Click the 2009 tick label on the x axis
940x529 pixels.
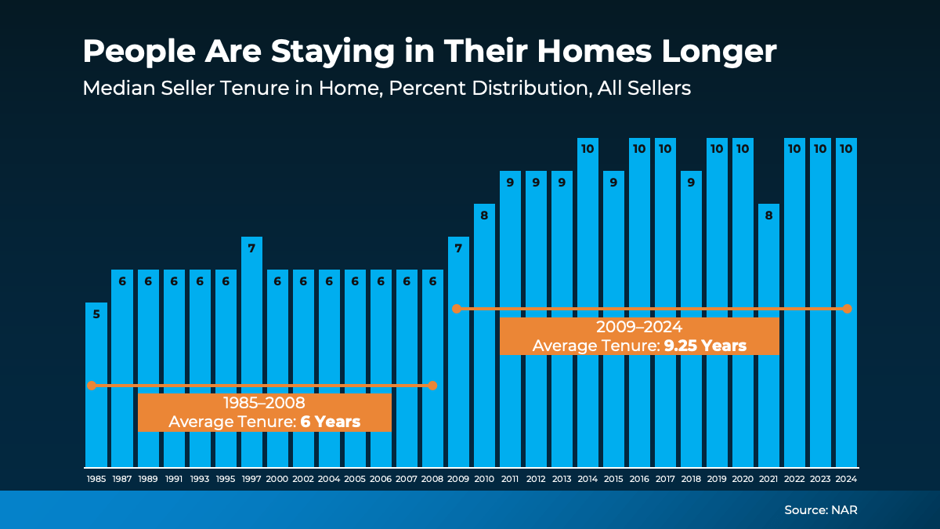click(458, 478)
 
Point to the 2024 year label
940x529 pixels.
click(846, 478)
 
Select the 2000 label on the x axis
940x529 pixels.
click(277, 478)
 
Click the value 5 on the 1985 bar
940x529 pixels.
click(96, 314)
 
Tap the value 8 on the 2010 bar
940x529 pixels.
click(484, 216)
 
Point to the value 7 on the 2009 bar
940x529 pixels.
click(458, 248)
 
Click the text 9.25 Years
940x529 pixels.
click(705, 346)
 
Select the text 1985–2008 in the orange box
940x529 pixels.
click(264, 404)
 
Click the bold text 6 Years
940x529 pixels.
click(331, 422)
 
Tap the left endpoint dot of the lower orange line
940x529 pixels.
click(92, 386)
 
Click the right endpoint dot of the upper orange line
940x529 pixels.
click(847, 309)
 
